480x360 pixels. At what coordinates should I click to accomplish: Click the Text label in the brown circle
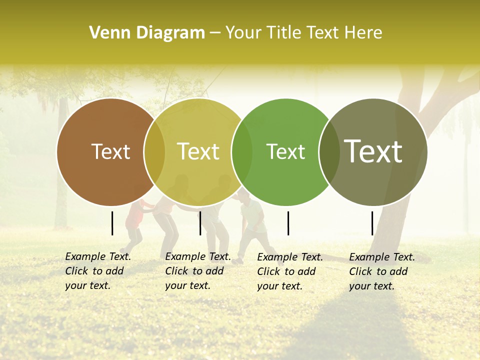[110, 151]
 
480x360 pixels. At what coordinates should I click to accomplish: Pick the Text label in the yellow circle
[198, 151]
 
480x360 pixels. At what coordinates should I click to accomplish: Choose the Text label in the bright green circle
[285, 151]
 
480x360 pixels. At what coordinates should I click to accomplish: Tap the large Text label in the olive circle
[373, 151]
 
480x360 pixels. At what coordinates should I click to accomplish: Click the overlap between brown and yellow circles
[154, 152]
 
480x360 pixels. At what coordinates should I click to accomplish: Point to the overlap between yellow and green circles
[242, 152]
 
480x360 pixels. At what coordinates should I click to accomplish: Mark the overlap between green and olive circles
[329, 152]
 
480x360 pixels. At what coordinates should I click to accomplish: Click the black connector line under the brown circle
[112, 223]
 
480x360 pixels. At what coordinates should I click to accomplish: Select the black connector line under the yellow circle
[200, 223]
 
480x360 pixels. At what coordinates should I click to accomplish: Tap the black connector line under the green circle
[288, 223]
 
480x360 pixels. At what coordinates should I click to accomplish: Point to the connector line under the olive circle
[372, 223]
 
